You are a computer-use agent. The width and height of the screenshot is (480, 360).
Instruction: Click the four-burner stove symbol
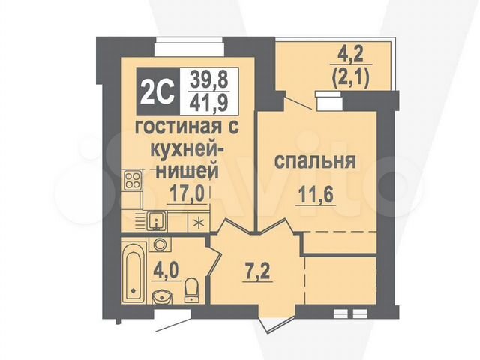click(x=133, y=180)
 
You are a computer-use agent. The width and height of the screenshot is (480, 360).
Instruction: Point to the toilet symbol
click(x=191, y=289)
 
